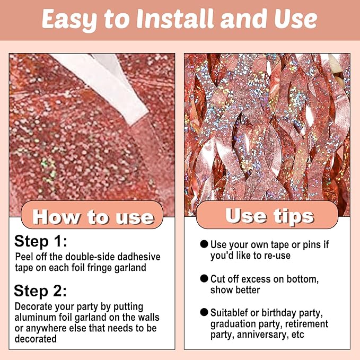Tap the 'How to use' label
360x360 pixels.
pos(93,217)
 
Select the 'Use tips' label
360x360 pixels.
pos(269,215)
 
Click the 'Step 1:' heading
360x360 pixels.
pos(40,242)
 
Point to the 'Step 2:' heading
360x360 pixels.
pos(40,291)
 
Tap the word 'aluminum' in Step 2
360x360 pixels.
pos(35,317)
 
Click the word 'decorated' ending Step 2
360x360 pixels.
pos(36,339)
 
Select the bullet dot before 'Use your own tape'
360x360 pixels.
pos(204,244)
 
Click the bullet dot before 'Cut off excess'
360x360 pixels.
pos(204,278)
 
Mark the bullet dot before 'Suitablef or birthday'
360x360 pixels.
pos(204,312)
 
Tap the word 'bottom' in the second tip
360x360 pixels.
pos(302,279)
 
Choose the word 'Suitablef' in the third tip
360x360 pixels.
pos(230,313)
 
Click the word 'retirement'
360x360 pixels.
pos(307,324)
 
